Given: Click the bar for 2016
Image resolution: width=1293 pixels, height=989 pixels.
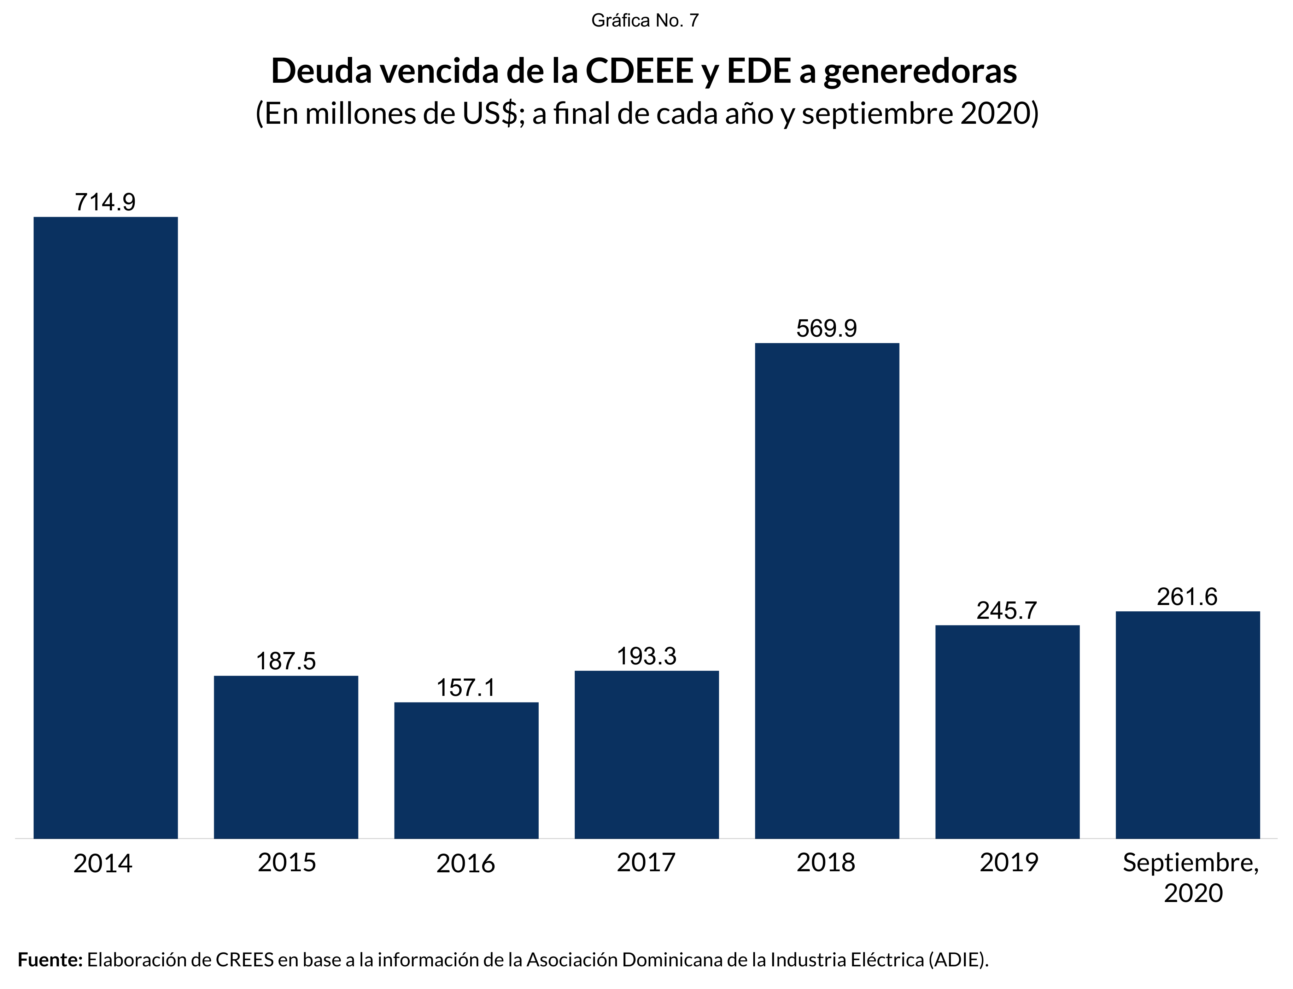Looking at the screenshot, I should pos(466,770).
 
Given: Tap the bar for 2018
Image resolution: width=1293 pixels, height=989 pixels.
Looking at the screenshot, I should pos(827,591).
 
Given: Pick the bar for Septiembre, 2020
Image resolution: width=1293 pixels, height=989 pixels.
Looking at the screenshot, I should pos(1188,725).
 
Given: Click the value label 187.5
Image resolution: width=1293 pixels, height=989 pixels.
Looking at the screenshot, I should pos(286,662).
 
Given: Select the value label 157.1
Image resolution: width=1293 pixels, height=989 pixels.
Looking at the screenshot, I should pos(466,688).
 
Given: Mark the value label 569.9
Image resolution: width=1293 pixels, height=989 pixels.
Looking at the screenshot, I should pos(827,328).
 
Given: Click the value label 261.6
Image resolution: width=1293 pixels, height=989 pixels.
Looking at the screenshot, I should pos(1187,597).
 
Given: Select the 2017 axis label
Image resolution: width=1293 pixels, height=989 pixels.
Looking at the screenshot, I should pos(646,863).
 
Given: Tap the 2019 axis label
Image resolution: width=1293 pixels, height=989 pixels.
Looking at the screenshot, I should pos(1009,863).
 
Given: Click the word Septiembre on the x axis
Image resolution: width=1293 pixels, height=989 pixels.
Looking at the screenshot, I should pos(1190,863).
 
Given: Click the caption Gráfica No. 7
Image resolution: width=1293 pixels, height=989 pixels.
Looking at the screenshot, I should pos(645,21).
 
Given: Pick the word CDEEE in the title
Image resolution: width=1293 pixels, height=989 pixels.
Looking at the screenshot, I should pos(639,71).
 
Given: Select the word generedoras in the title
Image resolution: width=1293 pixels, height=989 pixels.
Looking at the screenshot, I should pos(920,71).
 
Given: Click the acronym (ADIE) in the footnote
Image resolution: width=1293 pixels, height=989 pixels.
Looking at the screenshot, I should pos(958,960).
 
